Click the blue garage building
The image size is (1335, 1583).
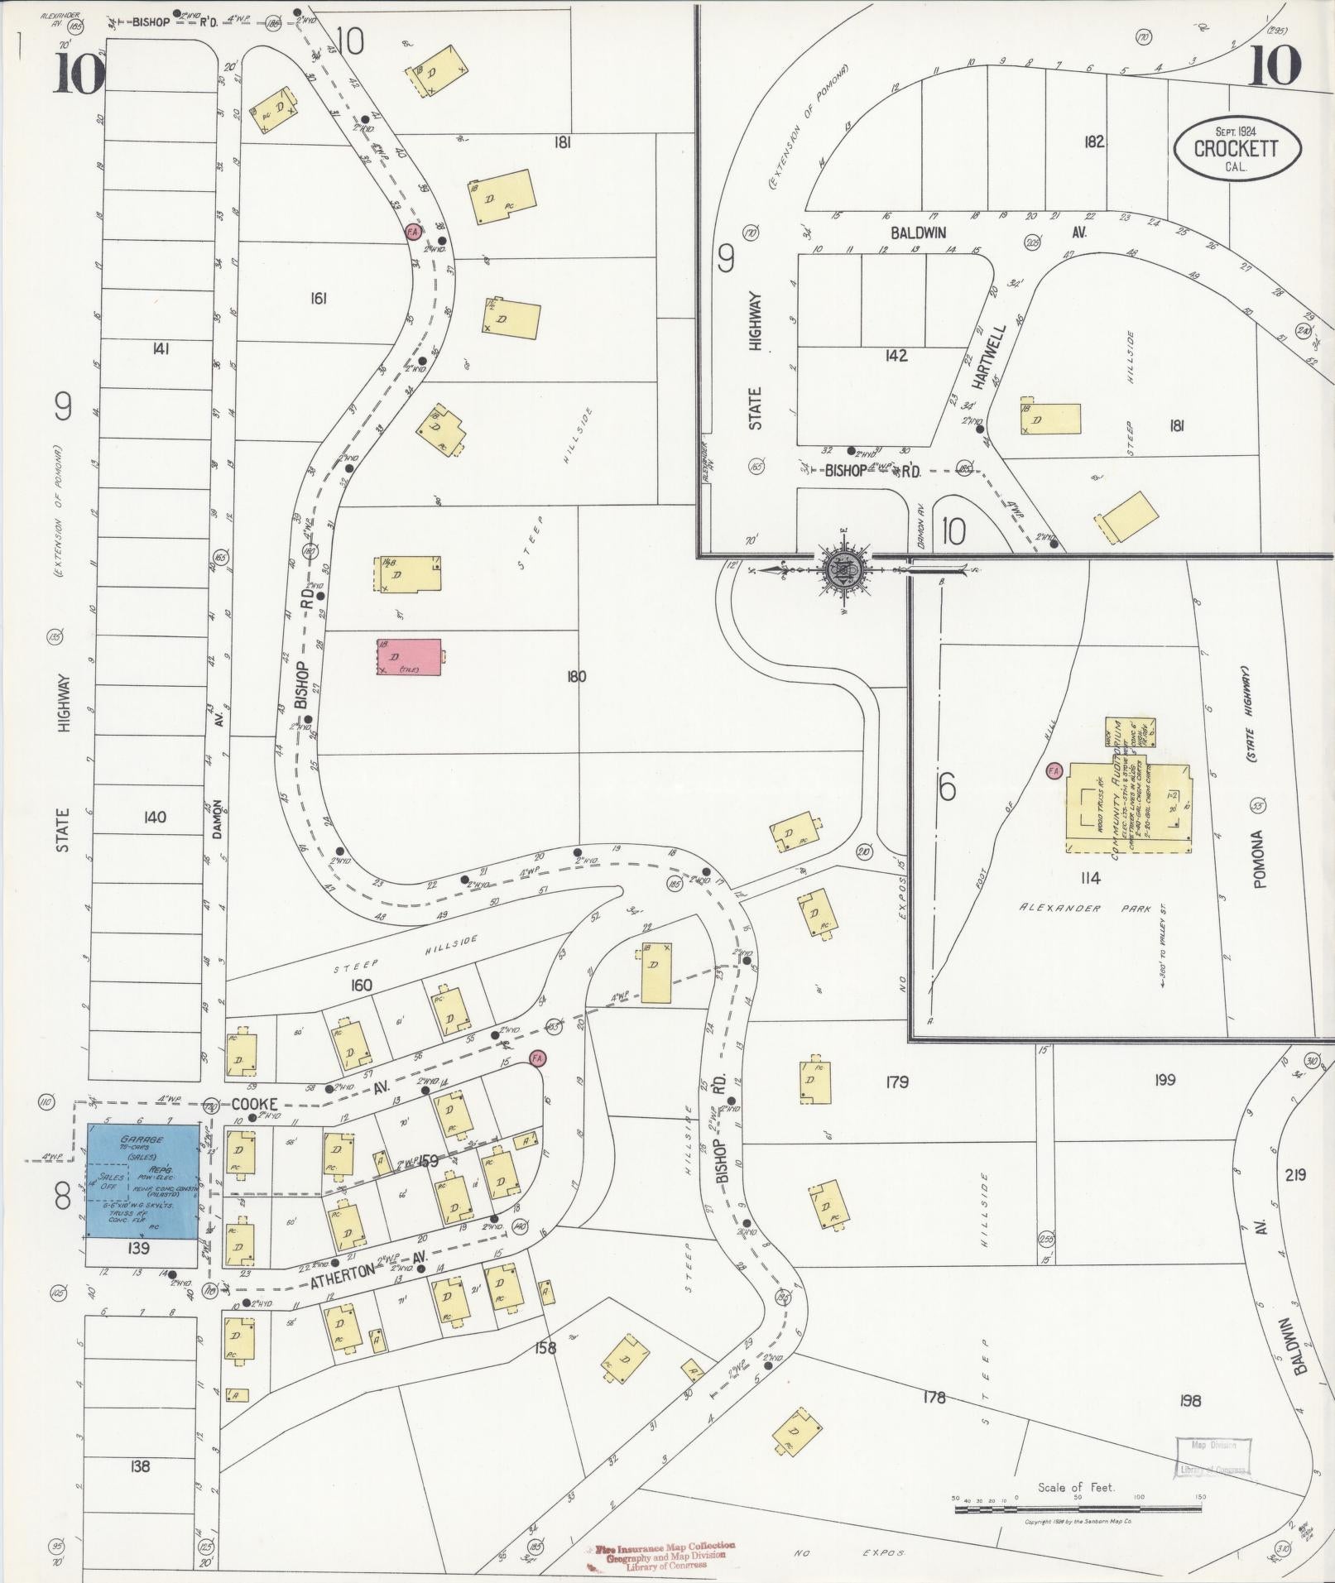pos(142,1180)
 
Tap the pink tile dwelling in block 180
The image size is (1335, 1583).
pos(410,657)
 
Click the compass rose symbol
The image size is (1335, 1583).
pos(843,569)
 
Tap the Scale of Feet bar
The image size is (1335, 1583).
pos(1077,1509)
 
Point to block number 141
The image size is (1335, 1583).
pos(161,349)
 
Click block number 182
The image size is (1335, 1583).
pos(1093,142)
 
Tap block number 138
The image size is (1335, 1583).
pos(140,1466)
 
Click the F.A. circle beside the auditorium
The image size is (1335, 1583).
pos(1054,770)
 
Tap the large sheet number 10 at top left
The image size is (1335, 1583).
pos(79,74)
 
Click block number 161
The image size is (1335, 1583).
pos(318,298)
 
